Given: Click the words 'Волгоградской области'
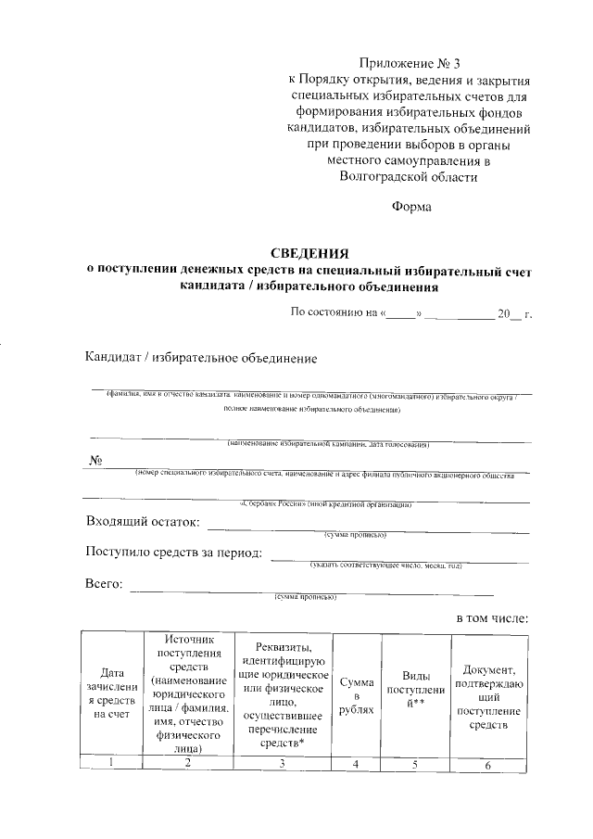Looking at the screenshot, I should pyautogui.click(x=408, y=175).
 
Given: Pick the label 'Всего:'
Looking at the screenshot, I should pyautogui.click(x=104, y=584).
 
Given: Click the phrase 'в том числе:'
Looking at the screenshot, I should pyautogui.click(x=492, y=617).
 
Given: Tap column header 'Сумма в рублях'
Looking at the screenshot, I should pyautogui.click(x=356, y=695).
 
